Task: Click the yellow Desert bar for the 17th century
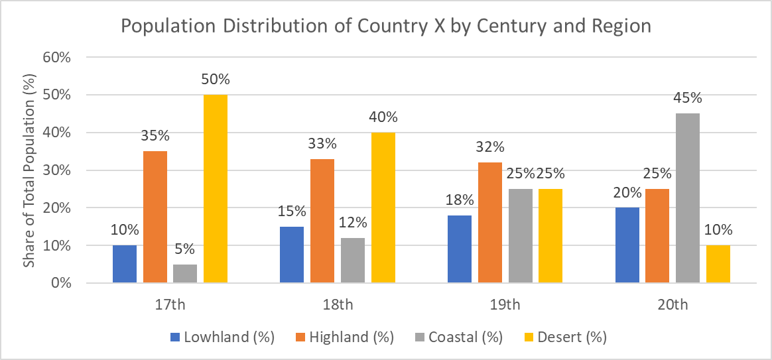tap(216, 189)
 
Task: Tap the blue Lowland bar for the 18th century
tap(292, 255)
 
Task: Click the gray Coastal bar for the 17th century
tap(185, 273)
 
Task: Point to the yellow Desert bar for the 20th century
tap(718, 264)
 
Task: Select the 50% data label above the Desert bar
tap(216, 80)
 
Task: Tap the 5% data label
tap(185, 249)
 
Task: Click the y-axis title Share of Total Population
tap(30, 170)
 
